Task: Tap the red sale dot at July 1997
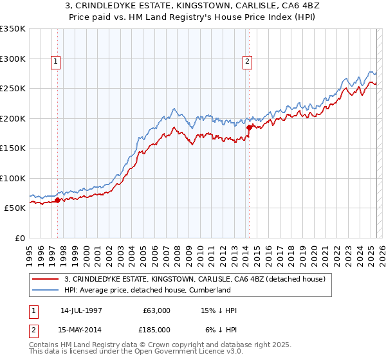[57, 200]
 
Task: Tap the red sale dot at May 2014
[249, 127]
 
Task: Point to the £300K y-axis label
[13, 59]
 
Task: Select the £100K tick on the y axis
[13, 178]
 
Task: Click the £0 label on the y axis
[19, 238]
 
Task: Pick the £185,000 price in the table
[157, 329]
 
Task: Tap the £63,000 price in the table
[157, 310]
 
